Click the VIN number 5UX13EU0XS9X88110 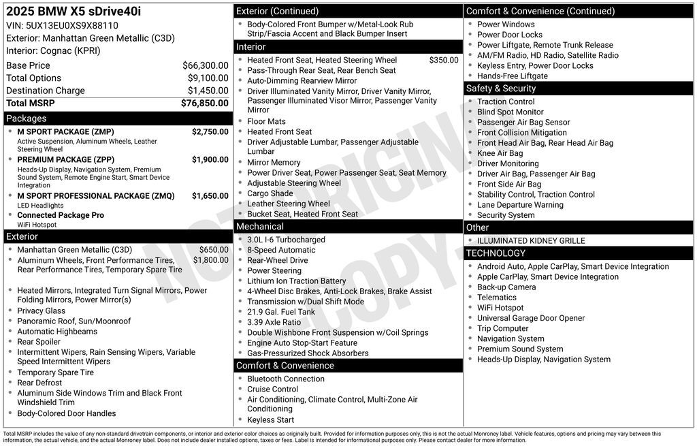coord(62,25)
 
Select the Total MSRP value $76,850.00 coord(204,103)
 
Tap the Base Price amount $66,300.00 coord(205,65)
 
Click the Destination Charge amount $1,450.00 coord(208,91)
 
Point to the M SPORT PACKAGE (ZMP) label coord(65,132)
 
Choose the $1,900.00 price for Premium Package coord(210,160)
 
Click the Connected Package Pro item coord(61,215)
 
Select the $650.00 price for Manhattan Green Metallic coord(214,250)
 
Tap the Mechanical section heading coord(259,227)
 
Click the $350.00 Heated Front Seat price coord(444,60)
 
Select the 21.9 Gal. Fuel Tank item coord(281,312)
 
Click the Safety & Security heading coord(500,89)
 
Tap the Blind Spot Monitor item coord(510,112)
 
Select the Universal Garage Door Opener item coord(531,318)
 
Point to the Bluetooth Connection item coord(285,379)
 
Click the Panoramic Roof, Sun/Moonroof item coord(74,321)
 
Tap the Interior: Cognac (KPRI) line coord(53,51)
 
